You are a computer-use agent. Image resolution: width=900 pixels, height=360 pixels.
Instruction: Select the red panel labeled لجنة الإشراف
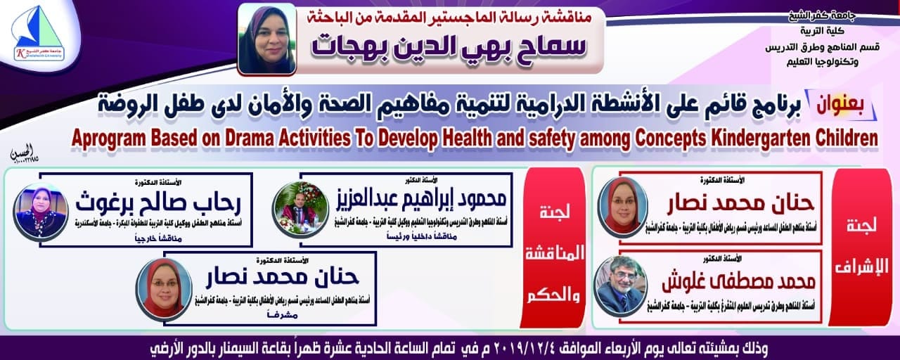(x=861, y=246)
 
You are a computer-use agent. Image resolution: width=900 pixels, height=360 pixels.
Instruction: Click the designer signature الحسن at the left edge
(x=21, y=153)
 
